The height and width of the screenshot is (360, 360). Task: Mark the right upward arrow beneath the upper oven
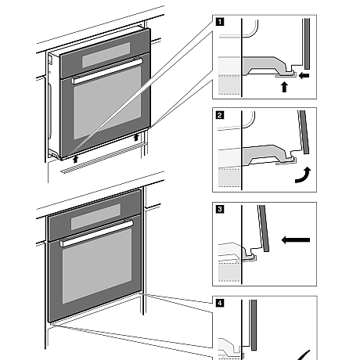point(138,139)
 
